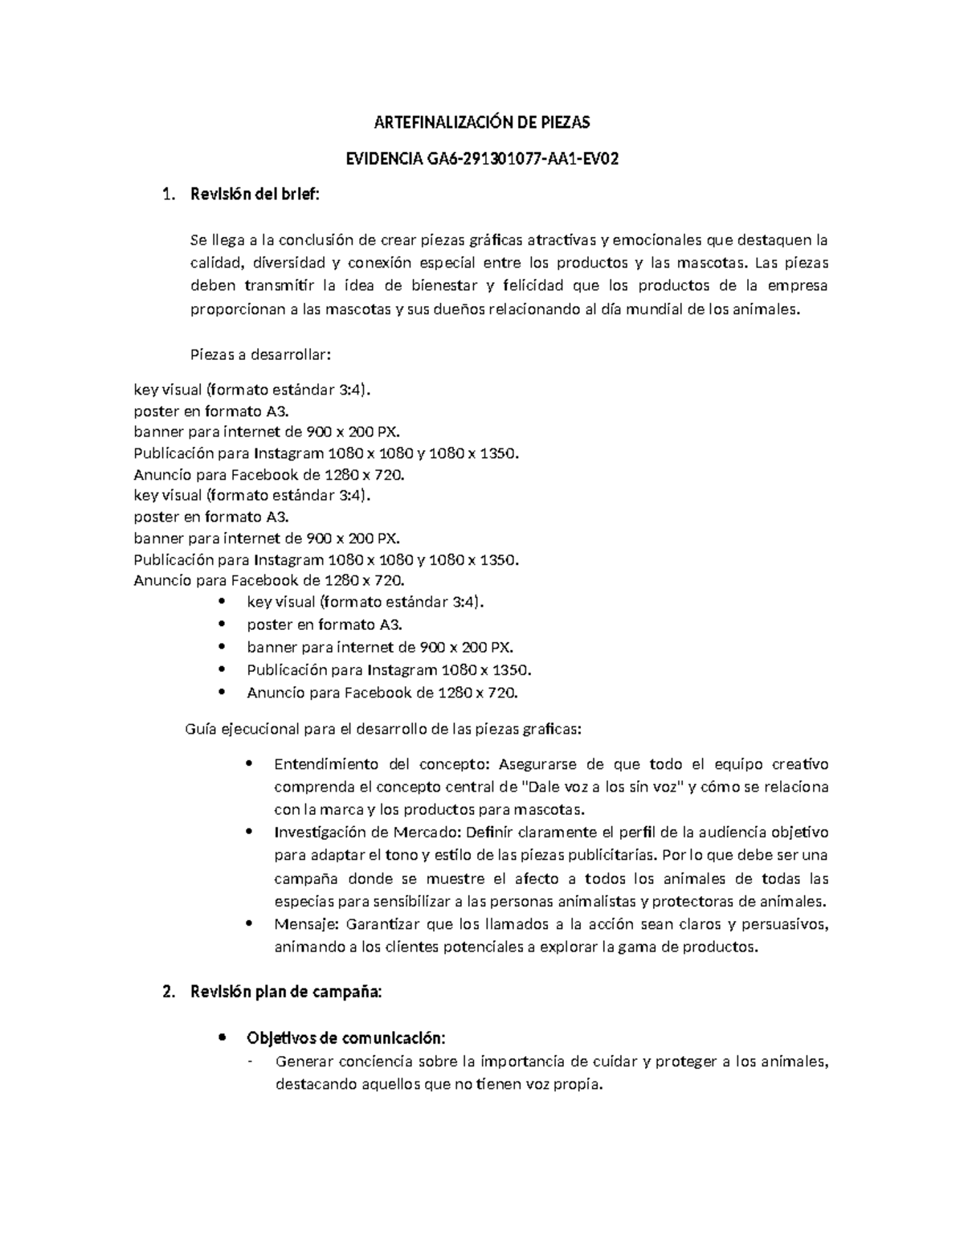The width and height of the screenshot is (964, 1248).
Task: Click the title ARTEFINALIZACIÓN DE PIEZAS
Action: pos(482,123)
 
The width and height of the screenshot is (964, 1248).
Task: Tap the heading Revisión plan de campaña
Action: pos(286,992)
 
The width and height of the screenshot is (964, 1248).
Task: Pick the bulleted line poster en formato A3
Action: pos(325,624)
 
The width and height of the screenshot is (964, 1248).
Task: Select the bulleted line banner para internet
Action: pos(379,647)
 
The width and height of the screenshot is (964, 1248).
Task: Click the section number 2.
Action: pos(166,992)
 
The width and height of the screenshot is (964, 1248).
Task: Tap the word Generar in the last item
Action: pos(304,1062)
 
